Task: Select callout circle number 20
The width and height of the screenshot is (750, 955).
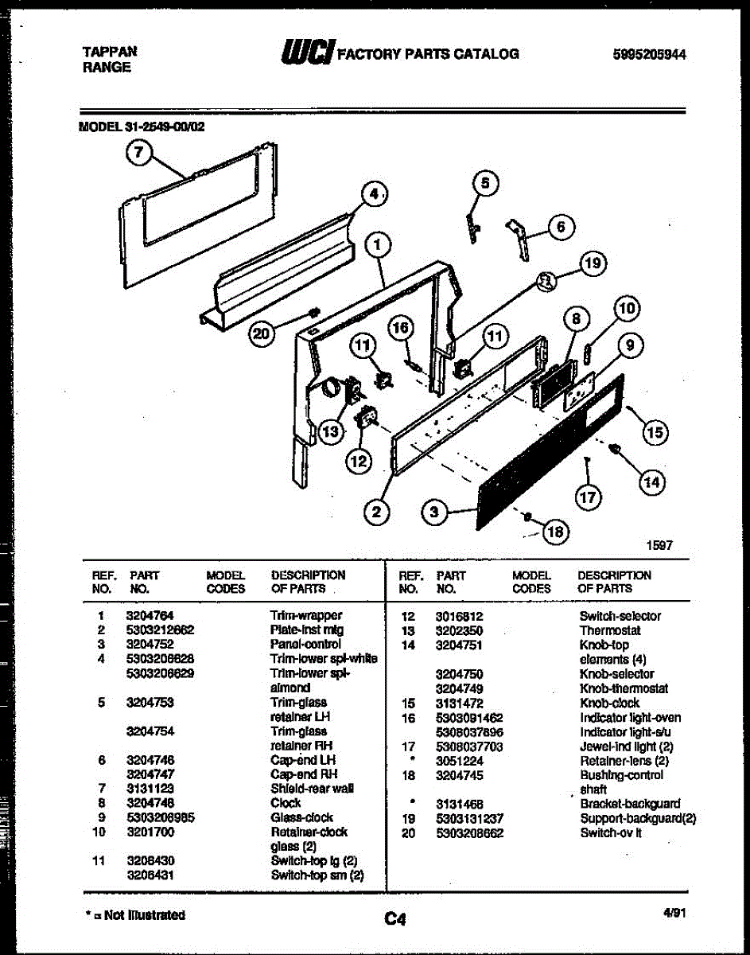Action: pyautogui.click(x=261, y=334)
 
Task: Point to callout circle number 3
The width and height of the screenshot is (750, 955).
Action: pyautogui.click(x=433, y=513)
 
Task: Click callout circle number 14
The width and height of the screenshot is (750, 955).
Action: pyautogui.click(x=651, y=481)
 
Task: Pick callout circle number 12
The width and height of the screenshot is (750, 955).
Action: pyautogui.click(x=358, y=460)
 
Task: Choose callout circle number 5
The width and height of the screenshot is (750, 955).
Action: pyautogui.click(x=485, y=183)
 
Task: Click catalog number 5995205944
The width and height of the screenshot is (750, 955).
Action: pyautogui.click(x=650, y=55)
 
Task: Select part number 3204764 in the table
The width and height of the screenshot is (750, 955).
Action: pyautogui.click(x=150, y=615)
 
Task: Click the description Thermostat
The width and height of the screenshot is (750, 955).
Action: pyautogui.click(x=610, y=630)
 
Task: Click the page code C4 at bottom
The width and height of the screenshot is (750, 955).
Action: pyautogui.click(x=395, y=920)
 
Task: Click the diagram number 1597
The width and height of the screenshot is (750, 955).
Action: pyautogui.click(x=660, y=545)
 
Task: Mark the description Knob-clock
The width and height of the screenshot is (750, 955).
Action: pyautogui.click(x=610, y=704)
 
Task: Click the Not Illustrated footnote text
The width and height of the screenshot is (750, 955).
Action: pyautogui.click(x=135, y=915)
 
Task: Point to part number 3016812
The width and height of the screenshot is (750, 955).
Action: pyautogui.click(x=459, y=616)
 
